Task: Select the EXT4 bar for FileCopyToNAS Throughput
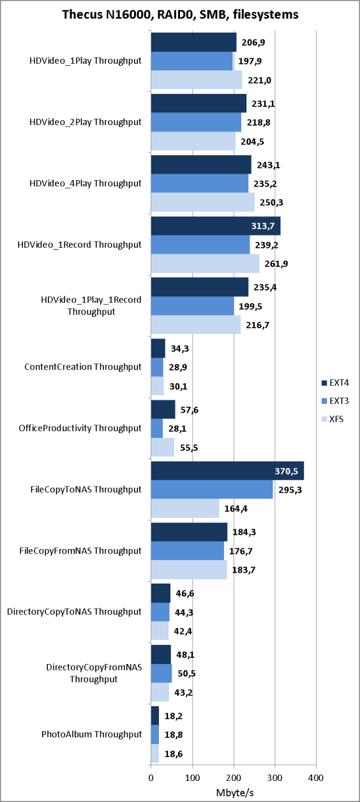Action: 227,471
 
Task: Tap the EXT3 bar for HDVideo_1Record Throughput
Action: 200,245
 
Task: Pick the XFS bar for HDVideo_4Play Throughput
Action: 203,202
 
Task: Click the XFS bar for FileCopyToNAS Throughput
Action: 185,508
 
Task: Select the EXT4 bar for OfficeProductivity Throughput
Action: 163,409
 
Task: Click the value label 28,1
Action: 177,428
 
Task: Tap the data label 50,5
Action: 186,674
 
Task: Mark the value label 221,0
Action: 259,80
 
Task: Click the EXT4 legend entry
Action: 334,382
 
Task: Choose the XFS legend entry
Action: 332,419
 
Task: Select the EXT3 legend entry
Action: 334,400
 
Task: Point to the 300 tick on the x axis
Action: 275,778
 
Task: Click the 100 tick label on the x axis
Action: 193,778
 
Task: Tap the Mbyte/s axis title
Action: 234,792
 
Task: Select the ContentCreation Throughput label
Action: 83,367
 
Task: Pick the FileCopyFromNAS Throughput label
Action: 80,550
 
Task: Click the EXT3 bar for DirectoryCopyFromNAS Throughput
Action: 161,674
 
